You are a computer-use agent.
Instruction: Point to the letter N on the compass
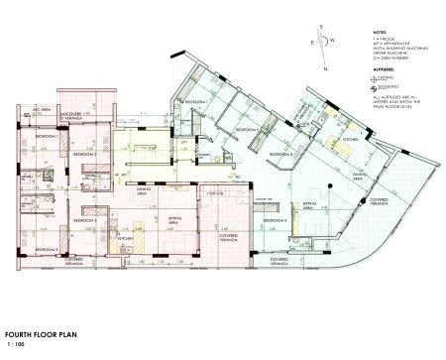coord(325,72)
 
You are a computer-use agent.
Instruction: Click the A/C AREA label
coord(41,115)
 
